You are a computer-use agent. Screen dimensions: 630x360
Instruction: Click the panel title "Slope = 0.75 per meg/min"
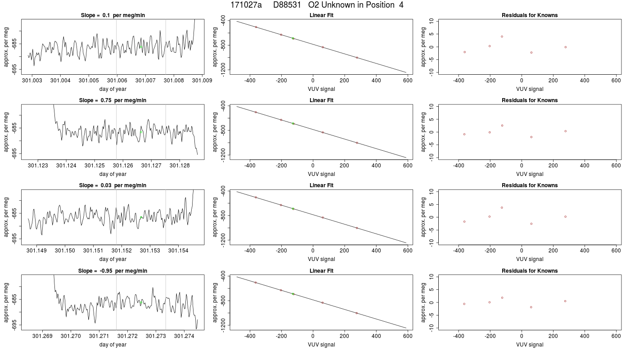(113, 100)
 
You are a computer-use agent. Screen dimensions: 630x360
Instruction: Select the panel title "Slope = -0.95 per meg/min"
(113, 270)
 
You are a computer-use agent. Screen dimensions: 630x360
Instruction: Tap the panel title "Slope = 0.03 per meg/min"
(113, 185)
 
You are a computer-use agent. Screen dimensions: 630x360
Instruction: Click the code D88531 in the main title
(287, 5)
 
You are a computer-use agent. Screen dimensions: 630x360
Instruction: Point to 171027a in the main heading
(246, 5)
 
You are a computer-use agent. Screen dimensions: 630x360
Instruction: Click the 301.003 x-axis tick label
(32, 81)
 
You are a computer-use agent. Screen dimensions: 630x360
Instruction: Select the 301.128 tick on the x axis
(180, 166)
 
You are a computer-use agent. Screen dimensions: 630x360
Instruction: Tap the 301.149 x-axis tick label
(36, 251)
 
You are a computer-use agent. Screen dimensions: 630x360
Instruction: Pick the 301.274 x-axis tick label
(184, 336)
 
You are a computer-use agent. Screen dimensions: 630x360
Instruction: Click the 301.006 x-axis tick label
(117, 81)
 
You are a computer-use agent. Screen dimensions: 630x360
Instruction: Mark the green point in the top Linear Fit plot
(293, 38)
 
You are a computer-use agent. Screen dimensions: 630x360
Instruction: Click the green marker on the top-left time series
(141, 47)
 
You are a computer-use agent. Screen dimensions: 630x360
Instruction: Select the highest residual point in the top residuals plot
(502, 36)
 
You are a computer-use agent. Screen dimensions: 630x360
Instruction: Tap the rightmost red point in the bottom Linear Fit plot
(356, 313)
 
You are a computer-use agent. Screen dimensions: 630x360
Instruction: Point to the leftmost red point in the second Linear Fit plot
(256, 112)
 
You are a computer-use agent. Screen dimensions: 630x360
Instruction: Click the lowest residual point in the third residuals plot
(531, 224)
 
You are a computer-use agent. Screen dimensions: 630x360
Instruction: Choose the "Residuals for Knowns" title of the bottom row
(530, 270)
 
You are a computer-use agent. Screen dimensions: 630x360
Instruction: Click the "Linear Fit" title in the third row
(321, 185)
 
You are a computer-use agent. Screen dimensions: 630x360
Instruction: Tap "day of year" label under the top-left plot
(113, 89)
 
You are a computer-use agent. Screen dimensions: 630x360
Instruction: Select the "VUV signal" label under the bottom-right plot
(530, 345)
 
